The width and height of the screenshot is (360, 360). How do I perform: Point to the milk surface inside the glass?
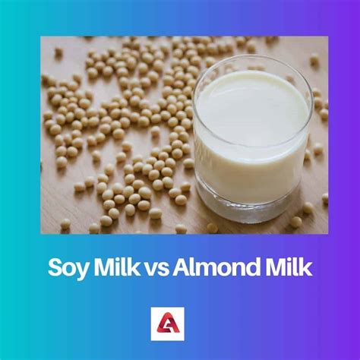(x=251, y=106)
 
